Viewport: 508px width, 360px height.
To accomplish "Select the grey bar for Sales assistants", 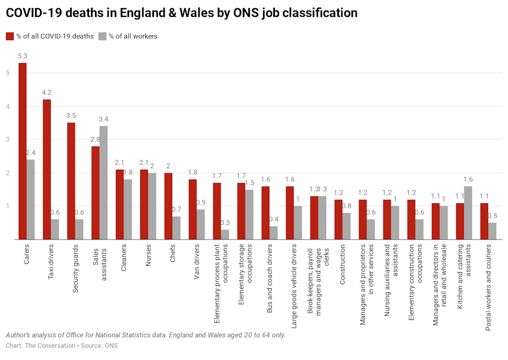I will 104,183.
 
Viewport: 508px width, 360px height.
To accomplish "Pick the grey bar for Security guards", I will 79,229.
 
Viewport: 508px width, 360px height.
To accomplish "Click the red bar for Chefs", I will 168,206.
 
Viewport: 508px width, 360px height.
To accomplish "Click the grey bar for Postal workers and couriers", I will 492,231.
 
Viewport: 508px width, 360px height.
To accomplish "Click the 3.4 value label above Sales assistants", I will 104,119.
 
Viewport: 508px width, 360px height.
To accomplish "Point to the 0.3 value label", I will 225,222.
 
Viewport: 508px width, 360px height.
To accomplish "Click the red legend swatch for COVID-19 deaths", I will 10,36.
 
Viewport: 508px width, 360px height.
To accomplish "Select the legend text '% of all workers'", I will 133,36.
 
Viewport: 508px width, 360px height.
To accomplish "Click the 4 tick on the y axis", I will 8,106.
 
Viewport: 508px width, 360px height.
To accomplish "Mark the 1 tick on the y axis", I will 8,206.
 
